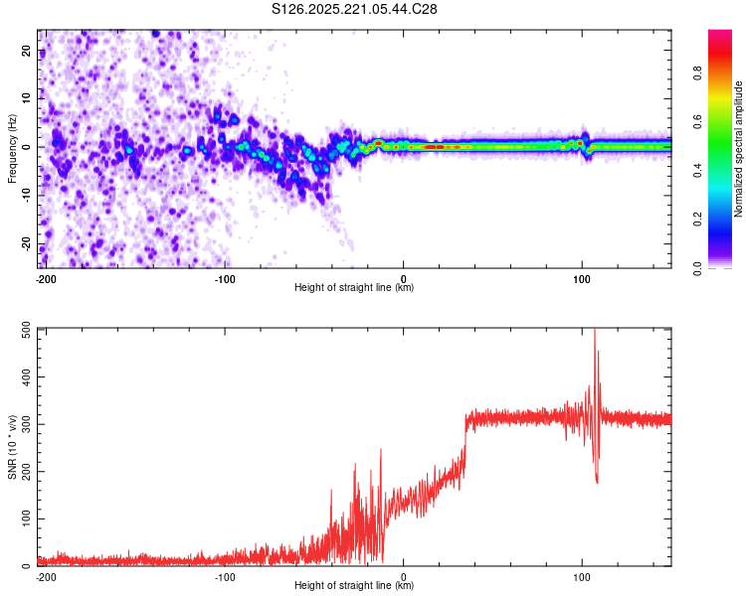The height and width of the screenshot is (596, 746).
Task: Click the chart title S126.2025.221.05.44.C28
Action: (x=355, y=9)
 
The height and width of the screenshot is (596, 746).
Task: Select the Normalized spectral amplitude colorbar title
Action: (x=739, y=149)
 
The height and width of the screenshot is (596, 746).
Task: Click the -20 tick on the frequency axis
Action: (x=26, y=243)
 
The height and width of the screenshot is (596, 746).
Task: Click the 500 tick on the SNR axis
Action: (x=23, y=330)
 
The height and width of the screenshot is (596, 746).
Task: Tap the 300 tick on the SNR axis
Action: (x=23, y=425)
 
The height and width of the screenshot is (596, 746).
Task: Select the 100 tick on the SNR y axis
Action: (x=23, y=520)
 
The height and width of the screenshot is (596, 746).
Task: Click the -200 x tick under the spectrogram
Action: (x=45, y=277)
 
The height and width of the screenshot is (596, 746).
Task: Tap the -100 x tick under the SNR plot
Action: (x=225, y=576)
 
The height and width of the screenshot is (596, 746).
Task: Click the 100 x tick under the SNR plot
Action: (x=582, y=576)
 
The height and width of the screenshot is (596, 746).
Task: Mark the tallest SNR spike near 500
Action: (x=595, y=331)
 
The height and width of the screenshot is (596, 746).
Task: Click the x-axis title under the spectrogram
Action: (x=354, y=287)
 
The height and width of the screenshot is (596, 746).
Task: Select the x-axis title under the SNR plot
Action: (x=354, y=586)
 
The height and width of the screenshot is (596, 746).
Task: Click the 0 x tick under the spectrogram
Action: (x=404, y=277)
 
